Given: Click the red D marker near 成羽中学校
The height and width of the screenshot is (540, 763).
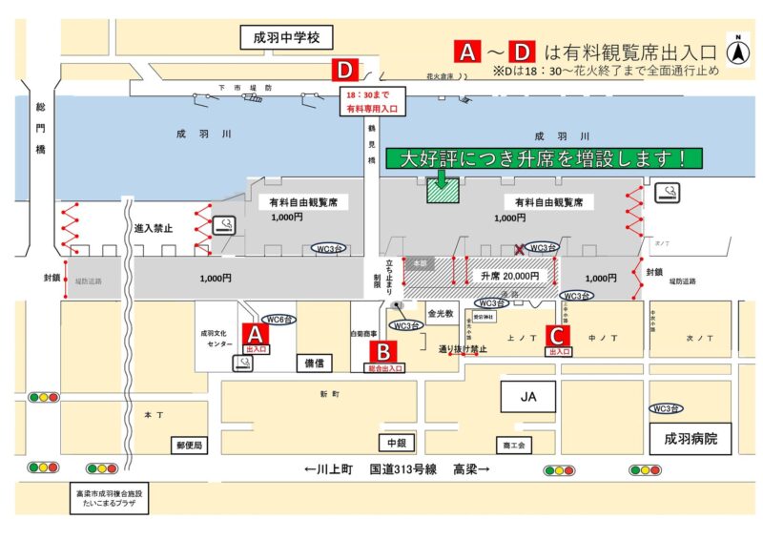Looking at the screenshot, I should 344,71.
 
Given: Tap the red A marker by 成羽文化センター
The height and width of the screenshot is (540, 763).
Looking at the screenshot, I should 255,334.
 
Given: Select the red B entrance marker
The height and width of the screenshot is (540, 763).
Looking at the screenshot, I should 381,350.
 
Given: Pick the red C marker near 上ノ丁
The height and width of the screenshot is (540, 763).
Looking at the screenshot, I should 557,335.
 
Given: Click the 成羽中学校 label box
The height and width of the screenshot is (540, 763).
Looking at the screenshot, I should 285,38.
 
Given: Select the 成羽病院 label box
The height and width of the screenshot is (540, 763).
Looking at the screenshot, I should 690,440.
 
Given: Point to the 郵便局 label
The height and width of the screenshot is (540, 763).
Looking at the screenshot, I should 189,445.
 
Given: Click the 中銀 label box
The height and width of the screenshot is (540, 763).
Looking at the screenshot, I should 396,444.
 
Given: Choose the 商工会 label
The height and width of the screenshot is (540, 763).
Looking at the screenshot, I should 515,445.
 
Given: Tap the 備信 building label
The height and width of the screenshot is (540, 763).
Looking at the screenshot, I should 314,363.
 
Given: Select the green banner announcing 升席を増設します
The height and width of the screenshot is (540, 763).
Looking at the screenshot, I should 543,158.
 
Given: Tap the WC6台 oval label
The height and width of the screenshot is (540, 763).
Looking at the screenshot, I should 278,319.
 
